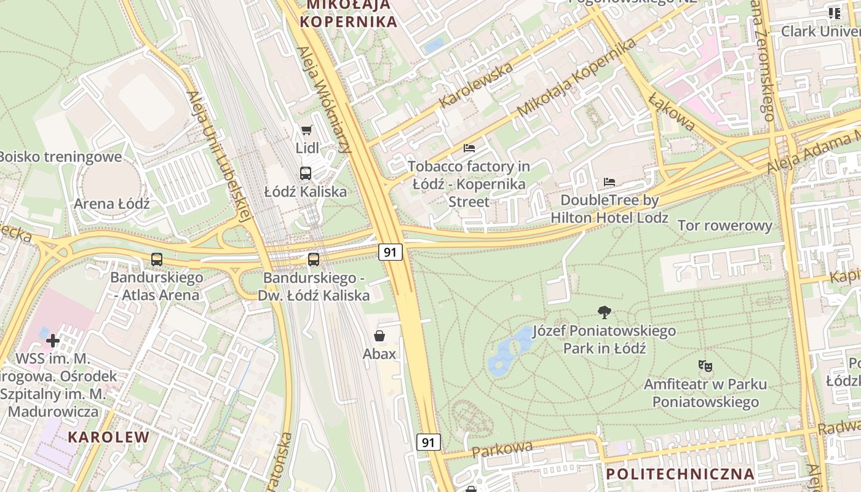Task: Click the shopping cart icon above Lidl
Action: (x=306, y=130)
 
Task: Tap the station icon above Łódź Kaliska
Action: (x=306, y=173)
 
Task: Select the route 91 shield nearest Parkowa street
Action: (x=429, y=442)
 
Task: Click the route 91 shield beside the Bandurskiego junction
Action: (x=390, y=252)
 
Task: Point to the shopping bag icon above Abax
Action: (x=379, y=336)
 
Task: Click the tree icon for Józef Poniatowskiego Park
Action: (x=605, y=312)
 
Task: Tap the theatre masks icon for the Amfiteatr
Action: (x=705, y=366)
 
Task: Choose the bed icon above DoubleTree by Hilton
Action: (x=609, y=182)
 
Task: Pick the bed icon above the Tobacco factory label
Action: (x=469, y=148)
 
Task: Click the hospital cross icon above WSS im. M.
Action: (x=53, y=340)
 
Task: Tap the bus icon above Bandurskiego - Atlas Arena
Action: (x=157, y=260)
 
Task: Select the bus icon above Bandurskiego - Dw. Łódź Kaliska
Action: (x=314, y=260)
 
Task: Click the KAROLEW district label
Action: (x=108, y=437)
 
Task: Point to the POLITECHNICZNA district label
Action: (x=680, y=474)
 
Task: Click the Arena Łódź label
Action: (x=112, y=204)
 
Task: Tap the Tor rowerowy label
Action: (x=724, y=226)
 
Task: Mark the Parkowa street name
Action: (x=502, y=448)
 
